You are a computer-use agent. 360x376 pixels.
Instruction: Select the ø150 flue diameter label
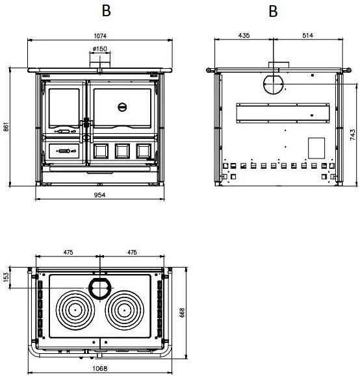pos(99,49)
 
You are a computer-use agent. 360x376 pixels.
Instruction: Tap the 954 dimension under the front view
pos(99,194)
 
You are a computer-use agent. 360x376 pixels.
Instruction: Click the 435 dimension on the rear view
pos(245,34)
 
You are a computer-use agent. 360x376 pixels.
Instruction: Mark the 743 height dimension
pos(353,134)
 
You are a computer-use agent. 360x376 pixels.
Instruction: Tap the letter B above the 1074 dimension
pos(107,11)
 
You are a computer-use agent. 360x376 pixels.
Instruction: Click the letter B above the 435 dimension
pos(273,11)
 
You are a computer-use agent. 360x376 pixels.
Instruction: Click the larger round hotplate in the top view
pos(76,310)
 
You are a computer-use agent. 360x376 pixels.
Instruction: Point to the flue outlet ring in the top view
pos(100,287)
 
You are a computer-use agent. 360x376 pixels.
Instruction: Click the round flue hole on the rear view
pos(273,84)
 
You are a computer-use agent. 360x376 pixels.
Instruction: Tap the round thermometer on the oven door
pos(122,107)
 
